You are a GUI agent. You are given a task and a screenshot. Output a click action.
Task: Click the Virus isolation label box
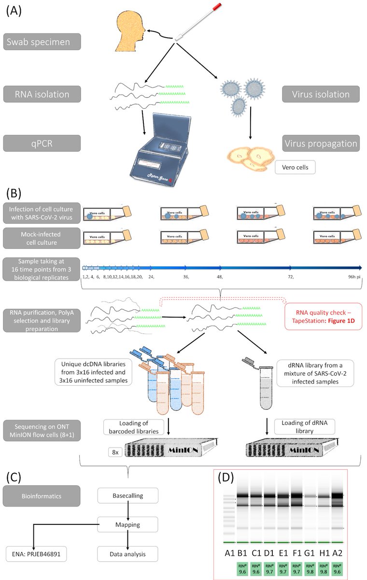click(x=320, y=94)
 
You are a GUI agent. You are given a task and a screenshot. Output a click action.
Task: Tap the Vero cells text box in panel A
click(x=295, y=168)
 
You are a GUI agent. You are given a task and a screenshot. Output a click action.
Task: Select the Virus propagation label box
click(x=320, y=144)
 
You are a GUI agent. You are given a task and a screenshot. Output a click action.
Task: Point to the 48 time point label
click(x=219, y=277)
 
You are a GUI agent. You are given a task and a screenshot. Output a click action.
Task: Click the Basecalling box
click(x=127, y=495)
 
